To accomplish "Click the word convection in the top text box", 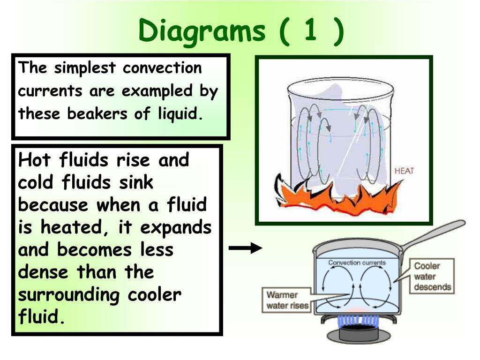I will (x=162, y=68).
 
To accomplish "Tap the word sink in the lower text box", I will (x=136, y=182).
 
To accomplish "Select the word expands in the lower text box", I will (x=177, y=227).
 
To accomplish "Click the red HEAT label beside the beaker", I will (x=404, y=171).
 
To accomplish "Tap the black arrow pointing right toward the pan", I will (x=245, y=248).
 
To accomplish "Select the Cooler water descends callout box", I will (x=432, y=277).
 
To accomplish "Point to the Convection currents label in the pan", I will (x=357, y=262).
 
